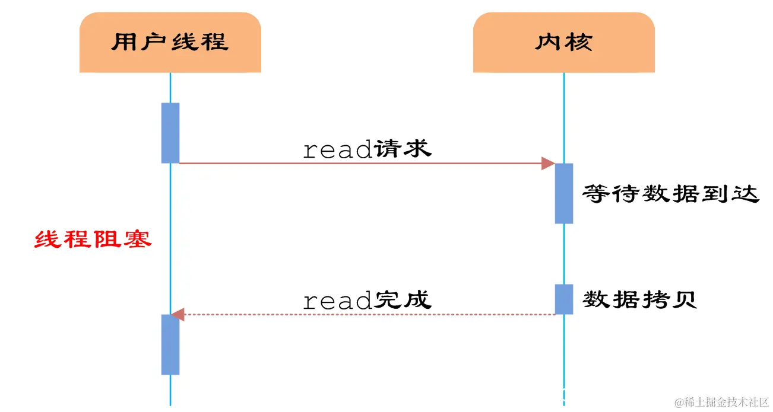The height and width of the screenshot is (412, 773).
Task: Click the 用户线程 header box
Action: (170, 43)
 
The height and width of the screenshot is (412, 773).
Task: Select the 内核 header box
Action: (563, 43)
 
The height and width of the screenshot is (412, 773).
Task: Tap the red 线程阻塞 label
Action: (93, 239)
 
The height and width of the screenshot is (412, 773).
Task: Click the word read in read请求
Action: (337, 150)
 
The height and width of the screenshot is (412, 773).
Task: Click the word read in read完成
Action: (337, 301)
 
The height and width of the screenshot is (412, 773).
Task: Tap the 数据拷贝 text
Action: (639, 300)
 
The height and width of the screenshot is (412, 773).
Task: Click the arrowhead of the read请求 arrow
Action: (548, 164)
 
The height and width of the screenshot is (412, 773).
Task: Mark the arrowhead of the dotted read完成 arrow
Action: (178, 315)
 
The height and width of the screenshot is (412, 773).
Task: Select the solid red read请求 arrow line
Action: (356, 164)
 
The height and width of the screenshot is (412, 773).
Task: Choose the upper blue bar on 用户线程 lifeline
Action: (170, 133)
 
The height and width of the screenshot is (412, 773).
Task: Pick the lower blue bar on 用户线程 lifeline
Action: (170, 344)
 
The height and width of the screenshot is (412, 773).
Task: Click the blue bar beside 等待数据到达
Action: (564, 193)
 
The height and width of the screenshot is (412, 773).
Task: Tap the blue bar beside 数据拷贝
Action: (564, 299)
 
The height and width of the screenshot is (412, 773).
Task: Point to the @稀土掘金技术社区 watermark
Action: (721, 403)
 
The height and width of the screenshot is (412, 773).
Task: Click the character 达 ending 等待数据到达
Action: (746, 194)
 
